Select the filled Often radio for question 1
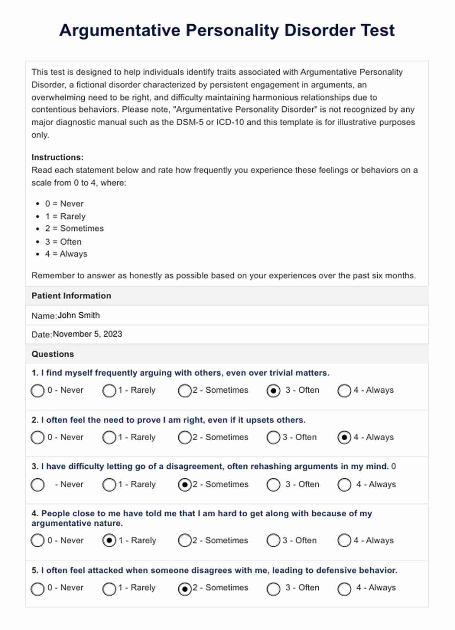[x=273, y=391]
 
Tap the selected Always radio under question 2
[x=344, y=438]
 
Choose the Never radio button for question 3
[x=38, y=485]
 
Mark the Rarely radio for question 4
[x=109, y=540]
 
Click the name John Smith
[x=79, y=315]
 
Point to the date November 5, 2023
[x=87, y=334]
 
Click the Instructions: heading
[x=57, y=157]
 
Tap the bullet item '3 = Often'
[x=63, y=242]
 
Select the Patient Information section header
[x=71, y=296]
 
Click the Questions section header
[x=53, y=354]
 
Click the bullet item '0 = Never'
[x=64, y=204]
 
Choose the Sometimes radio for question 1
[x=185, y=391]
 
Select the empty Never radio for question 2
[x=38, y=438]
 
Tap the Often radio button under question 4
[x=273, y=540]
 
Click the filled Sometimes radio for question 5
[x=185, y=589]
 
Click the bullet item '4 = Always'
[x=66, y=254]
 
